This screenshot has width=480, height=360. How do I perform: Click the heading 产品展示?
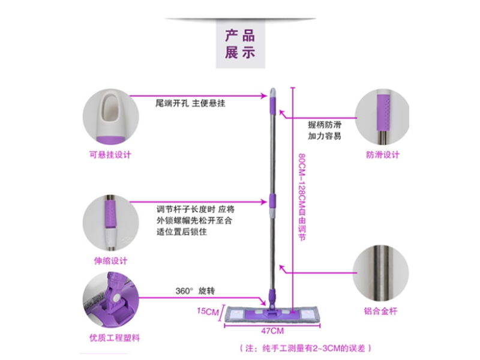click(240, 43)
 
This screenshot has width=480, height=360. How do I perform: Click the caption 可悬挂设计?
click(109, 155)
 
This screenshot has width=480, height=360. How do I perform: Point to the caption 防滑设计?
click(382, 155)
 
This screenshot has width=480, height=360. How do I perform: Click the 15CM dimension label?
click(207, 312)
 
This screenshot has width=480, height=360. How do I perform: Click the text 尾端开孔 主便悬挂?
click(185, 103)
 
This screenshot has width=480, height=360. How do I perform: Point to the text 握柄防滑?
click(325, 124)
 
